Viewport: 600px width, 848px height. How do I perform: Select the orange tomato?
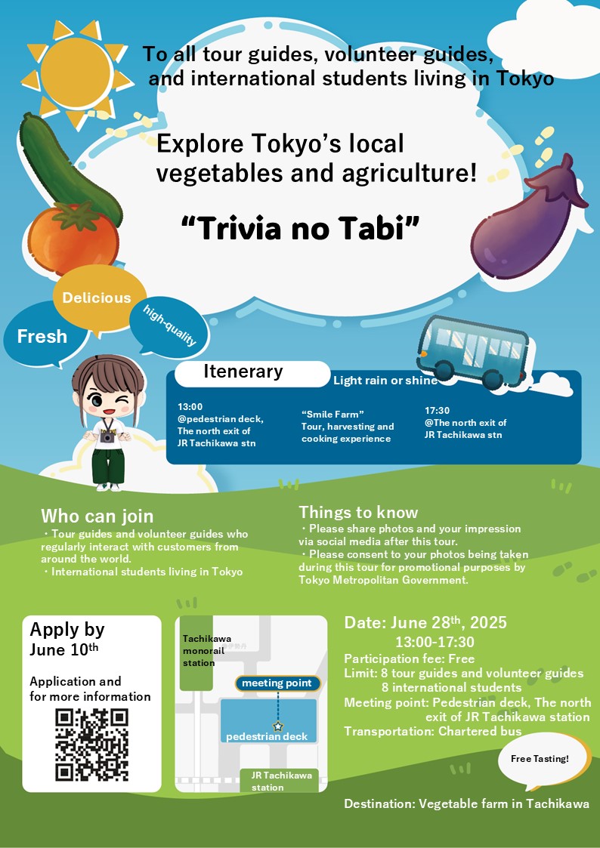[x=73, y=238]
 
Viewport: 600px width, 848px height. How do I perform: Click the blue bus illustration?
[x=472, y=353]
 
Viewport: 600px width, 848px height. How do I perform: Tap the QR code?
[x=92, y=745]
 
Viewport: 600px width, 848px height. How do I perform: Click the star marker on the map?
[x=278, y=726]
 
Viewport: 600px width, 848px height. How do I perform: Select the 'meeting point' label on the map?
[x=277, y=683]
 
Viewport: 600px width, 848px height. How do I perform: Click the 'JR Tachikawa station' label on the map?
[x=280, y=781]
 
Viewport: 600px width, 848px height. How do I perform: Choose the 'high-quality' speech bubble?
[x=169, y=326]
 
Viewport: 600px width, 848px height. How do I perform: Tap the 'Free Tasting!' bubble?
[x=540, y=760]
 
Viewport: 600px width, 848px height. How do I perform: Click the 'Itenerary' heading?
[x=243, y=372]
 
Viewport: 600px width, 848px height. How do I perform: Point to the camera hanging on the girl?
[x=107, y=436]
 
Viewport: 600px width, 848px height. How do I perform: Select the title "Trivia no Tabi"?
[x=300, y=229]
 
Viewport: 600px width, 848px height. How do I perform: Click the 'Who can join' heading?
[x=97, y=517]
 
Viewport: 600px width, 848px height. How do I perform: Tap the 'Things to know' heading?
[x=359, y=512]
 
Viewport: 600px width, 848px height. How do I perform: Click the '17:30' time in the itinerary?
[x=437, y=411]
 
